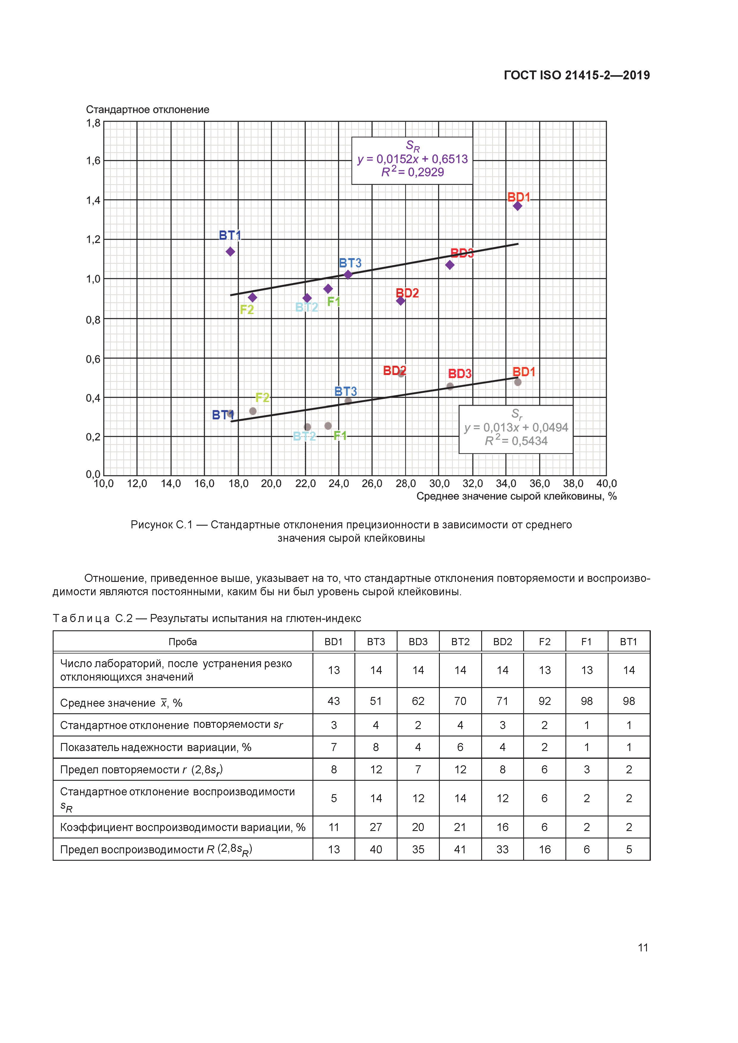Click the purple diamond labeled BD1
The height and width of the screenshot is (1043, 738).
tap(517, 206)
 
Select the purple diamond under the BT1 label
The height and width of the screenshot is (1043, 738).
tap(231, 252)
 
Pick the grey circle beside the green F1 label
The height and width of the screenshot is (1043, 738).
tap(328, 426)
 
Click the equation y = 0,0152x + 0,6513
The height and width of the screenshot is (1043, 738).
tap(412, 159)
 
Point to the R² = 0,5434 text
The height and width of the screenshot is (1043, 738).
tap(516, 441)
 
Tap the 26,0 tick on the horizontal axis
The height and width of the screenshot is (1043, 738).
tap(372, 484)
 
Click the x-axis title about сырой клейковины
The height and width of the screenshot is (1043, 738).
tap(516, 496)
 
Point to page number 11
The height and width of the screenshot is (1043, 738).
tap(642, 947)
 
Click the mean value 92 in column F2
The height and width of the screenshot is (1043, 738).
tap(544, 701)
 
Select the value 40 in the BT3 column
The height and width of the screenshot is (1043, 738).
tap(376, 849)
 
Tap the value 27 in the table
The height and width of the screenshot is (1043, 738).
tap(376, 827)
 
